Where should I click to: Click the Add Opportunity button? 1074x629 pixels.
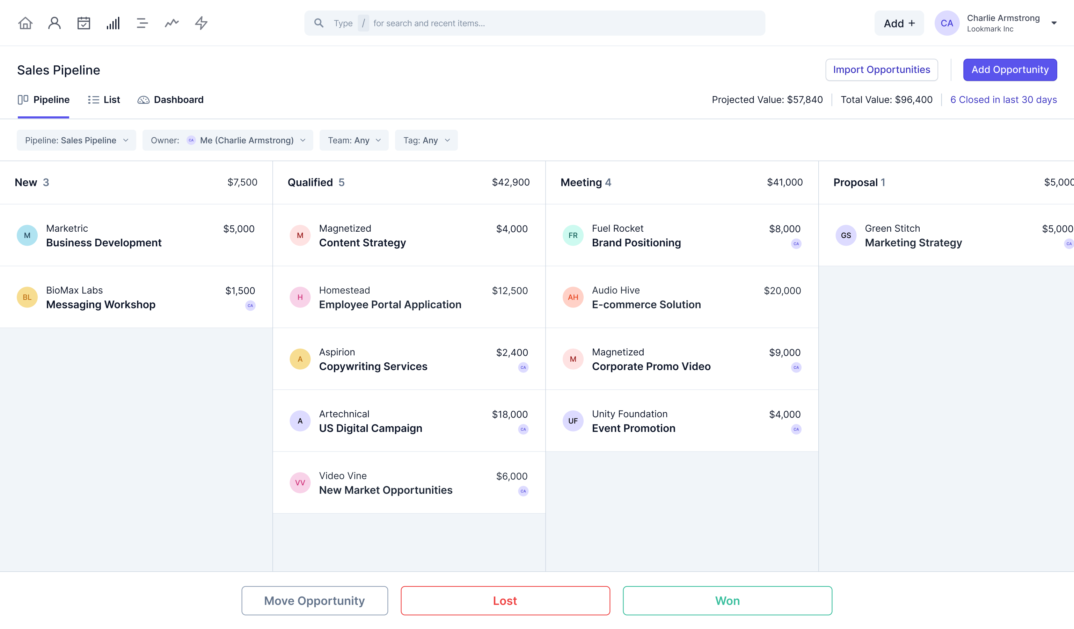[x=1009, y=70]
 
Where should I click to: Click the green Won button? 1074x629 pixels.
[x=727, y=600]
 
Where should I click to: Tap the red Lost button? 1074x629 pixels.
[x=505, y=600]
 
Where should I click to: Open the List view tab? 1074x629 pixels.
[x=104, y=100]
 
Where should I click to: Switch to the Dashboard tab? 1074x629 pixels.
[x=170, y=100]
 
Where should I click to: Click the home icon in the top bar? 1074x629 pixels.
[x=25, y=23]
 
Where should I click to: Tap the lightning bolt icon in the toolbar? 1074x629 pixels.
[x=201, y=23]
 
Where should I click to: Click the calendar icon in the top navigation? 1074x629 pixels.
[x=83, y=23]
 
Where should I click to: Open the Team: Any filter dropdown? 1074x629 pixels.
[x=354, y=140]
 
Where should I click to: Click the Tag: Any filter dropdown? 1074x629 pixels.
[x=426, y=140]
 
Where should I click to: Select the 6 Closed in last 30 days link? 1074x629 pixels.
[x=1003, y=100]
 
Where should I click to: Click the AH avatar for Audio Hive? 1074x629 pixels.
[x=572, y=297]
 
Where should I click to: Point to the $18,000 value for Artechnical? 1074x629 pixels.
[x=509, y=414]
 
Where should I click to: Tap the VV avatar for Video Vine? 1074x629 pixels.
[x=300, y=483]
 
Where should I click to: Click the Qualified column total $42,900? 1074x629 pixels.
[x=510, y=182]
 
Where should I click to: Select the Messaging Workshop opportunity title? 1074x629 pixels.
[x=101, y=304]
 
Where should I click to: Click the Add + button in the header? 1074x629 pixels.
[x=898, y=23]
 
